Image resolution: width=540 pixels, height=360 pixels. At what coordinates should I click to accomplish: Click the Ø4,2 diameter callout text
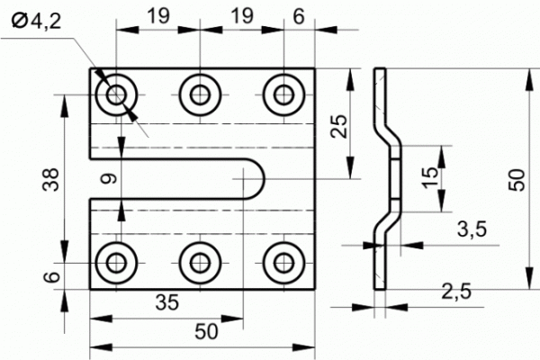[36, 22]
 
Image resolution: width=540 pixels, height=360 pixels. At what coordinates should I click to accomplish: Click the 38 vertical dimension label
[51, 179]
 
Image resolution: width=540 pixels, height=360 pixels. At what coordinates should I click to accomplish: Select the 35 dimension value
[167, 302]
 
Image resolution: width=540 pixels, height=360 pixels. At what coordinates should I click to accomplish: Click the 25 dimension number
[339, 126]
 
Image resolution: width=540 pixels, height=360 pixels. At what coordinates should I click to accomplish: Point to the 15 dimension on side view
[430, 177]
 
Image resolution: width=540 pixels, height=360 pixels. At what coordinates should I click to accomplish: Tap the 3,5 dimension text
[472, 229]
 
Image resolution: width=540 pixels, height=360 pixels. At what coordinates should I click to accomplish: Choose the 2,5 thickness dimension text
[456, 292]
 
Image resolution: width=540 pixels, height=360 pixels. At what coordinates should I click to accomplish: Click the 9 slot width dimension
[110, 179]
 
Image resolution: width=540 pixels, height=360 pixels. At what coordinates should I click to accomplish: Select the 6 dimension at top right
[299, 16]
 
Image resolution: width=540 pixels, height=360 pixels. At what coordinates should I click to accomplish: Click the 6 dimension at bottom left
[52, 276]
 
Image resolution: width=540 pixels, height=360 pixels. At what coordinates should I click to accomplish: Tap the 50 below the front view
[206, 331]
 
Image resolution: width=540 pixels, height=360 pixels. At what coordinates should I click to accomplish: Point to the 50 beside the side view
[517, 180]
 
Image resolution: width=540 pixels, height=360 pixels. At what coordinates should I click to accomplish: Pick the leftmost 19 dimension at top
[158, 16]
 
